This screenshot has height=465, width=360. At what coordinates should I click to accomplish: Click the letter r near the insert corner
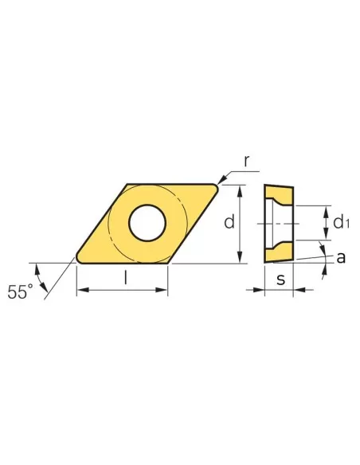point(247,162)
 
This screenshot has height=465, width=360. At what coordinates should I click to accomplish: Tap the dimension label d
point(229,223)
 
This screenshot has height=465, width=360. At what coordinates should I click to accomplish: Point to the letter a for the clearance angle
point(340,257)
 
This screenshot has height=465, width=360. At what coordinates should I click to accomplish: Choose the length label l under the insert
point(125,279)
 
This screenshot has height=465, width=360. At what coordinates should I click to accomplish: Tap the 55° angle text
point(22,291)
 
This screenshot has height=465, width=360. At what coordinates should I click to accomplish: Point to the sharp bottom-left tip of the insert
point(77,258)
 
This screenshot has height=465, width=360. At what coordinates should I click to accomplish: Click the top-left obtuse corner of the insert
point(127,185)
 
